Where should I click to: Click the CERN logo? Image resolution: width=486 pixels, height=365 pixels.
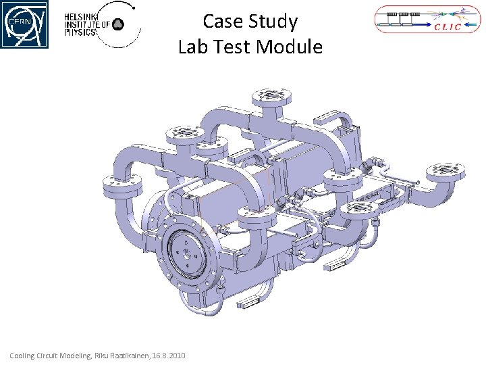pos(24,24)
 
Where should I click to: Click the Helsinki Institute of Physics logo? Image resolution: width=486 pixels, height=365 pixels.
pos(103,24)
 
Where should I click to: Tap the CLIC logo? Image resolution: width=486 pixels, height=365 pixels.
pos(427,19)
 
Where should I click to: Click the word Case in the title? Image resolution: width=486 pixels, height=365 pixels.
pos(223,21)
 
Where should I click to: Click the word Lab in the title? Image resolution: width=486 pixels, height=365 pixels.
pos(193,47)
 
